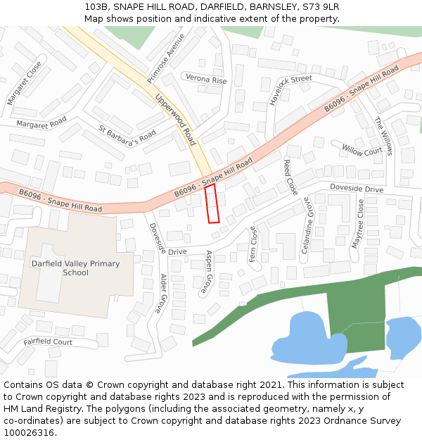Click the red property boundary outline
tap(212, 204)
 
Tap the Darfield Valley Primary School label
tap(75, 268)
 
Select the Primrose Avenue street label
tap(166, 57)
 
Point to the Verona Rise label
tap(205, 80)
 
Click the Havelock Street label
tap(290, 90)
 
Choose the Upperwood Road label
tap(175, 120)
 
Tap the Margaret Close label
tap(25, 83)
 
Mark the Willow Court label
tap(362, 150)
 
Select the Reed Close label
tap(290, 177)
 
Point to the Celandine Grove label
tap(306, 226)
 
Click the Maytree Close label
tap(359, 223)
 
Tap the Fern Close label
tap(253, 244)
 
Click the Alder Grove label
tap(161, 294)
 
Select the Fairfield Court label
tap(48, 342)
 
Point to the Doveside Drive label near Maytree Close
tap(357, 189)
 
